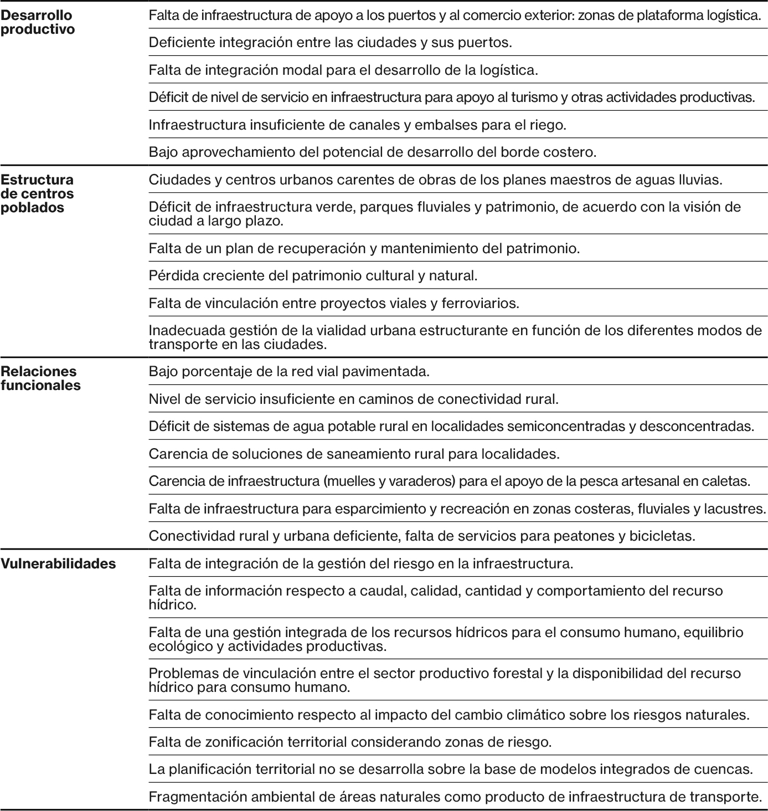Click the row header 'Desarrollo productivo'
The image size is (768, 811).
click(38, 22)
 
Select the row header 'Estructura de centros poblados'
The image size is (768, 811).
click(37, 193)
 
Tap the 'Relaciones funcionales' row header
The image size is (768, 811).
click(40, 378)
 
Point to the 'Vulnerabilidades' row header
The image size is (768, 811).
click(58, 564)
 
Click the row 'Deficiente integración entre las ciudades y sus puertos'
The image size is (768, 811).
click(330, 42)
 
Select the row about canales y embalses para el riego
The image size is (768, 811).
click(357, 125)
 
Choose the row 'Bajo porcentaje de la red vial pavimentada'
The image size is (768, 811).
click(289, 371)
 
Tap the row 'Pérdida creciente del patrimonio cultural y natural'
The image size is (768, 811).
click(313, 275)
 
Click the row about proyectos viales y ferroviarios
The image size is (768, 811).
click(334, 303)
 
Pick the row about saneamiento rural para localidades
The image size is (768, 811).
click(354, 454)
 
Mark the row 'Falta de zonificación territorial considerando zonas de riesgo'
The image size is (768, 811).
click(350, 742)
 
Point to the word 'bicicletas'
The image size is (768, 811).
click(662, 536)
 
